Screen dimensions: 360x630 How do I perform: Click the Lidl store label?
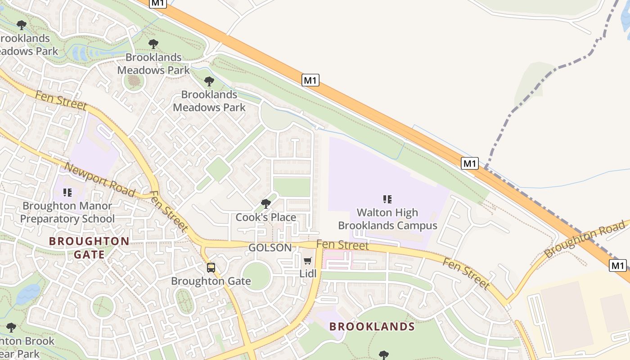[x=308, y=274]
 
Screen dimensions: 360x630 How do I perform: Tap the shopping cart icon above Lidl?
[x=308, y=261]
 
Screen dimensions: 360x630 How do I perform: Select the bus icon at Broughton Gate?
[x=211, y=268]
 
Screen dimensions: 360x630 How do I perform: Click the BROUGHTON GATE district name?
[x=89, y=247]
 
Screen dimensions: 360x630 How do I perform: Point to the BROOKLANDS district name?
[x=372, y=327]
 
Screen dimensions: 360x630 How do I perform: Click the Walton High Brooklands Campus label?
[x=387, y=219]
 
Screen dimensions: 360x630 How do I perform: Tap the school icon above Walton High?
[x=387, y=199]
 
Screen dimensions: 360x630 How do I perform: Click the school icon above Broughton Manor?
[x=67, y=193]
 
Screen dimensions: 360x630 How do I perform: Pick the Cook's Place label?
[x=266, y=217]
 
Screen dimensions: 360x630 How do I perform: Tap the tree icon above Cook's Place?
[x=266, y=204]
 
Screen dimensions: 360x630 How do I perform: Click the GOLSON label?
[x=270, y=247]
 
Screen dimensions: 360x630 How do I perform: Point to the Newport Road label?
[x=99, y=180]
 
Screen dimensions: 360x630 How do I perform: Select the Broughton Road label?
[x=585, y=238]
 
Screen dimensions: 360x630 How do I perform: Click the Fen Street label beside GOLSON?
[x=342, y=245]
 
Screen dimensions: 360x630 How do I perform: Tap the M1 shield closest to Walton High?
[x=470, y=163]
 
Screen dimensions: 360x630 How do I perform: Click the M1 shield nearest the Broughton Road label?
[x=618, y=265]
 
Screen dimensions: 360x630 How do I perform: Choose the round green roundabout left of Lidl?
[x=256, y=275]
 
